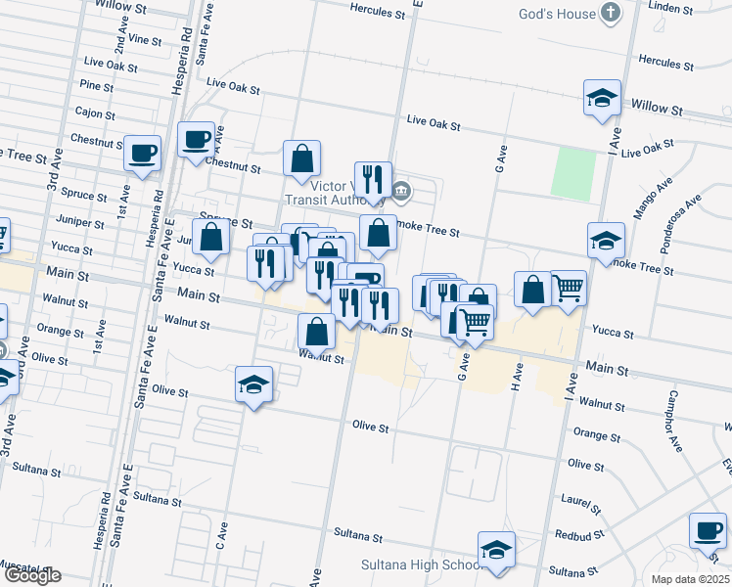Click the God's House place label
coord(558,14)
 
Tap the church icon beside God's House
coord(611,14)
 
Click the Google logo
coord(31,576)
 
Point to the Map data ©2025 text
coord(691,579)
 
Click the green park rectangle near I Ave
coord(573,173)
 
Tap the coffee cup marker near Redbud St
coord(708,531)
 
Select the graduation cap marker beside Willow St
coord(603,98)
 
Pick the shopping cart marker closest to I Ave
coord(569,288)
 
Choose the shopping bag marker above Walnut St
coord(316,332)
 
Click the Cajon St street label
coord(95,113)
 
